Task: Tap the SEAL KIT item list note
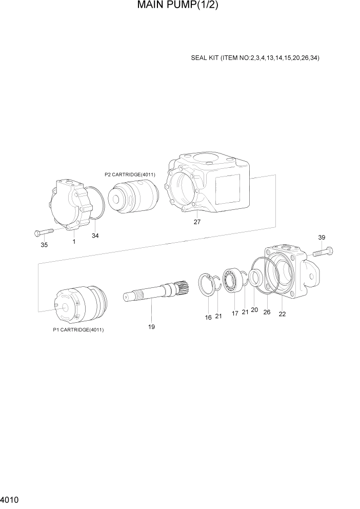(x=255, y=58)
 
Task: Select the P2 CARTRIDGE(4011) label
(x=130, y=174)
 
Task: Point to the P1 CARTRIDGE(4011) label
(x=78, y=329)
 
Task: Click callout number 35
(x=44, y=245)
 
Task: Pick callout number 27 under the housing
(x=197, y=222)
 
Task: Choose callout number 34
(x=95, y=236)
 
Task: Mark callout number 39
(x=322, y=238)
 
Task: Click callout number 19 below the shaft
(x=151, y=326)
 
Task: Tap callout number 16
(x=208, y=318)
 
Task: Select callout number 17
(x=235, y=313)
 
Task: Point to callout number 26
(x=267, y=311)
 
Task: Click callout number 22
(x=282, y=315)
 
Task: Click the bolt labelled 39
(x=322, y=251)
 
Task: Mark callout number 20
(x=254, y=310)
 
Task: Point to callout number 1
(x=74, y=241)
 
